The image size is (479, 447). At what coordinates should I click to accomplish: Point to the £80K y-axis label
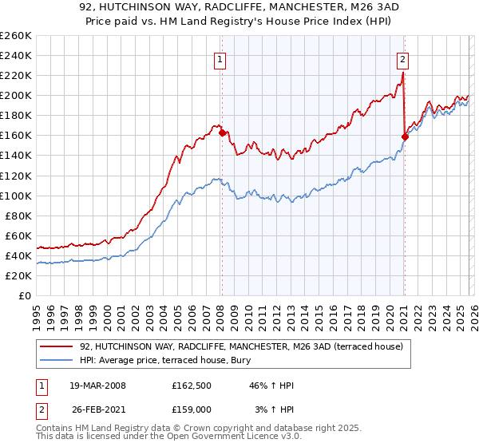18,216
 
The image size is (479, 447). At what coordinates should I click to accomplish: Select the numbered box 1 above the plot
220,58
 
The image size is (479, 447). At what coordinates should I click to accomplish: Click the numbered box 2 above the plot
403,58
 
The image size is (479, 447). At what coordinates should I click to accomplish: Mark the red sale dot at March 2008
222,133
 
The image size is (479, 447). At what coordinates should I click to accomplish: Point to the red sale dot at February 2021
405,136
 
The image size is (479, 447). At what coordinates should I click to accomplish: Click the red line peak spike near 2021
403,73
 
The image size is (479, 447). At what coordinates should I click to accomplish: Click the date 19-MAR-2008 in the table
97,386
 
